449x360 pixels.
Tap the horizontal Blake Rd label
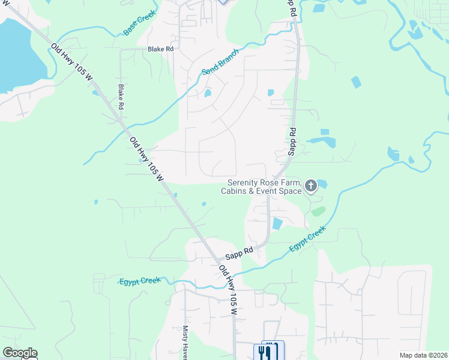point(160,49)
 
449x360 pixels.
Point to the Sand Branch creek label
point(220,62)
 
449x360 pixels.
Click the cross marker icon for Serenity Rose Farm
point(311,187)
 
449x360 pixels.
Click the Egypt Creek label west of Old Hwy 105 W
point(140,281)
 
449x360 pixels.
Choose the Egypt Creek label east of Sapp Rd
point(307,239)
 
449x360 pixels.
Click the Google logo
point(20,353)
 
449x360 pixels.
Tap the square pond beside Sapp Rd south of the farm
point(277,224)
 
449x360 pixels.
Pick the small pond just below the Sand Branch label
point(208,93)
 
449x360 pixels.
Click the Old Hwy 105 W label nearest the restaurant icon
point(229,290)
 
